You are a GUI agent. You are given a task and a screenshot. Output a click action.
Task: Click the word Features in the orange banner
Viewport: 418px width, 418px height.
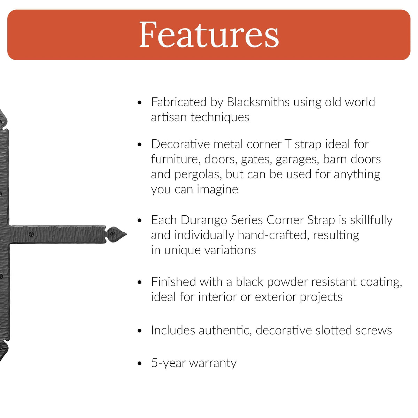click(209, 35)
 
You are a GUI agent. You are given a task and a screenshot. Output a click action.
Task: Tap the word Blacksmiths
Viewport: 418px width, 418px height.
click(258, 102)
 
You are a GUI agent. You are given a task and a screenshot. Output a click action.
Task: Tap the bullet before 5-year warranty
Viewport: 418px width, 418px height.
click(139, 363)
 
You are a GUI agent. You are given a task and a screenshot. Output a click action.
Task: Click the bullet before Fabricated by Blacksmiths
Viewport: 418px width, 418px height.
click(139, 102)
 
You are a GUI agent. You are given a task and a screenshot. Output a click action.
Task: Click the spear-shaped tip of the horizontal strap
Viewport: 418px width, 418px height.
click(127, 234)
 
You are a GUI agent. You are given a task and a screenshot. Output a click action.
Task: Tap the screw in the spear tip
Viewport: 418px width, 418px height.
click(113, 234)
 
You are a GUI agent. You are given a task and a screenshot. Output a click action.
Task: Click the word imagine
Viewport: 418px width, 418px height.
click(218, 190)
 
